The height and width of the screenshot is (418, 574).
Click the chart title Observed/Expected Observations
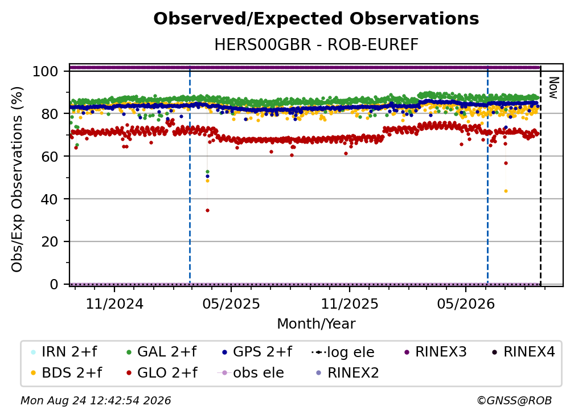[316, 19]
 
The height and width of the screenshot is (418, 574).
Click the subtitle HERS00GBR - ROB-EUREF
[316, 45]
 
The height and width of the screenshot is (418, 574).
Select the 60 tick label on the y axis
[50, 156]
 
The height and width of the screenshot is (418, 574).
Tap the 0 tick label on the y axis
[54, 284]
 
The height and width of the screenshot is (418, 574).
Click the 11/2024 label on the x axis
[114, 304]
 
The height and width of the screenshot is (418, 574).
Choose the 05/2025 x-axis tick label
[231, 304]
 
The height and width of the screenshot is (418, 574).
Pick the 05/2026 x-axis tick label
[466, 304]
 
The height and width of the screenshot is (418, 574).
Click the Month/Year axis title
[316, 324]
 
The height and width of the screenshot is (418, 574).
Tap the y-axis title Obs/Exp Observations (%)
[17, 179]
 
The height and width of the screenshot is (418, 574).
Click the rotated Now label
[553, 88]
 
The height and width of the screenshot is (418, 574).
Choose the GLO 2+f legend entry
[162, 373]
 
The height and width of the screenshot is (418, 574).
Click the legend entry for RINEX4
[523, 352]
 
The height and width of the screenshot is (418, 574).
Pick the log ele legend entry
[343, 352]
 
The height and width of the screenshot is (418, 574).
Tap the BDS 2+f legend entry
[66, 373]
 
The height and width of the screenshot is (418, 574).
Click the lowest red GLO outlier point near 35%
[207, 211]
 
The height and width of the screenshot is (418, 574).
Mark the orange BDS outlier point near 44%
[506, 191]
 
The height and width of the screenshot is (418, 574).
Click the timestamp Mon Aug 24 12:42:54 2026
[96, 401]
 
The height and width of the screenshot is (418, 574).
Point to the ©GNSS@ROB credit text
[514, 401]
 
